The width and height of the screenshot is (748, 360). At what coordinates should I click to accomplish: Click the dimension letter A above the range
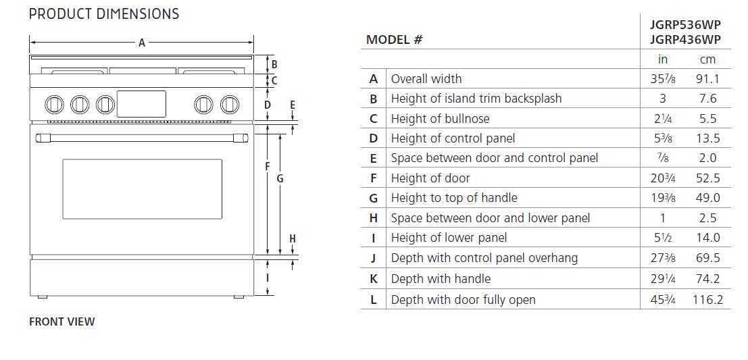coord(142,43)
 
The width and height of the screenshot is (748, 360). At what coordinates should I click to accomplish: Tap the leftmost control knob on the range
coord(54,105)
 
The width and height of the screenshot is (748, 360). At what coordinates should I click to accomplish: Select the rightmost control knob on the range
coord(230,105)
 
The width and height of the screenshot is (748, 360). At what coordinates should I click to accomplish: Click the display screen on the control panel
coord(142,103)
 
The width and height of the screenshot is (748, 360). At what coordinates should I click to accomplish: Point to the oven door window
coord(142,189)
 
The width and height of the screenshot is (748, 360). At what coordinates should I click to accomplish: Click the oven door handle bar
coord(142,138)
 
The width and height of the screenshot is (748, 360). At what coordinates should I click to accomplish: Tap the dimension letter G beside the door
coord(280,179)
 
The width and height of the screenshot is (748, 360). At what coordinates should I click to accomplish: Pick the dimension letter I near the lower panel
coord(268,278)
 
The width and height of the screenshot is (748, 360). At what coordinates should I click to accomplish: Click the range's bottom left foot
coord(43,297)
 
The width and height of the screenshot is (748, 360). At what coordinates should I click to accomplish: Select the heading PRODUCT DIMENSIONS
coord(104,14)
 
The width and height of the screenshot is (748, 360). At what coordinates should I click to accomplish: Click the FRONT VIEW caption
coord(62,322)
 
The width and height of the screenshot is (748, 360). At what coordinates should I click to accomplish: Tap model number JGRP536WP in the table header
coord(685,25)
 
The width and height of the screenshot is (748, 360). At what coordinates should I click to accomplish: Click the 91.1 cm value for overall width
coord(707,78)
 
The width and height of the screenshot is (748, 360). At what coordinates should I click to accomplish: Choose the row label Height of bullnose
coord(440,118)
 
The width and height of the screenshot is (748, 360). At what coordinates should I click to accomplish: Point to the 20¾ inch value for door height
coord(663,178)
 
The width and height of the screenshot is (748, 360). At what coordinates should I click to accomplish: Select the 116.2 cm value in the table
coord(707,299)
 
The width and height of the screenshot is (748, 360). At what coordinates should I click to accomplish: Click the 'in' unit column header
coord(663,59)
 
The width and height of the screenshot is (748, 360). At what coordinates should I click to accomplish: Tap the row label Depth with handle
coord(441,278)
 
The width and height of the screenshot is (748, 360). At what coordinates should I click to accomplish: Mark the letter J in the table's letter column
coord(373,259)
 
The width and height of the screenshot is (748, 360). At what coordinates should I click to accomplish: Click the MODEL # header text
coord(395,40)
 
